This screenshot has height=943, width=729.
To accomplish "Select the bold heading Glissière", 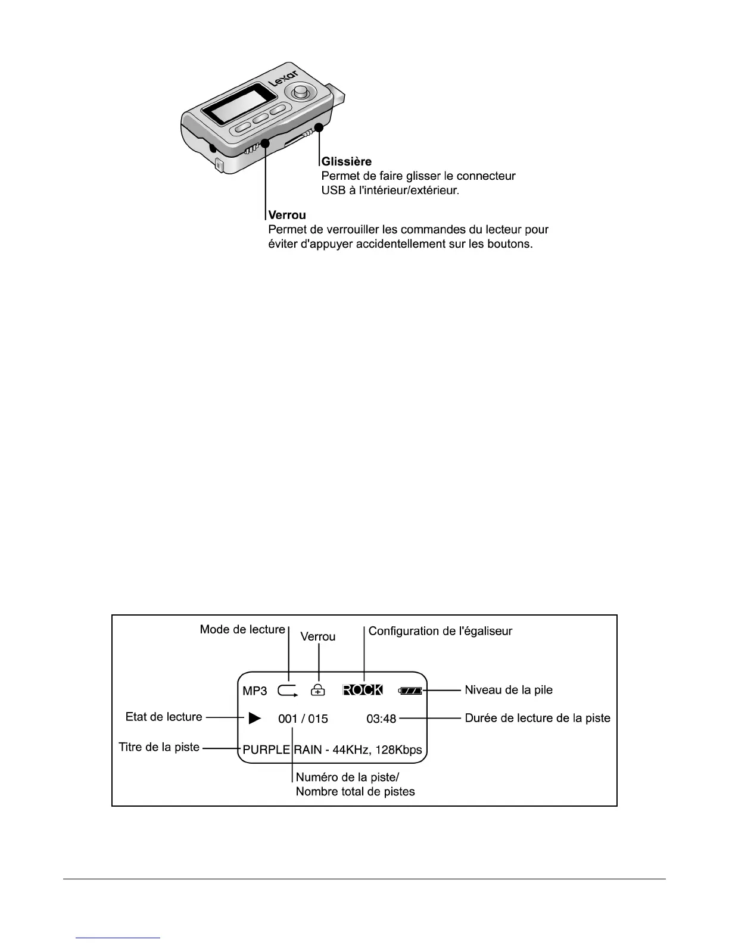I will pyautogui.click(x=347, y=161).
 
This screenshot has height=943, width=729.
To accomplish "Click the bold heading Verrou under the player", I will pyautogui.click(x=288, y=214).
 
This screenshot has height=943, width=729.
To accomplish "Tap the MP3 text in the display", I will pyautogui.click(x=255, y=691).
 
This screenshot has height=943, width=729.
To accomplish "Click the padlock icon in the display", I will pyautogui.click(x=319, y=690).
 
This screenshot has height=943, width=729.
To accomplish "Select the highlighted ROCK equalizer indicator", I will pyautogui.click(x=363, y=690).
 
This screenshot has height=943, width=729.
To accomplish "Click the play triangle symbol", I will pyautogui.click(x=255, y=718).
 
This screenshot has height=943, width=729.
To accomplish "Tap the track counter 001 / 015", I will pyautogui.click(x=303, y=719).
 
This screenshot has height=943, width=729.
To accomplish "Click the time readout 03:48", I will pyautogui.click(x=381, y=719).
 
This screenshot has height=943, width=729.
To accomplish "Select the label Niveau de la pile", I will pyautogui.click(x=509, y=690).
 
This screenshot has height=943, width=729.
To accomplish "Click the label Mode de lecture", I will pyautogui.click(x=242, y=629).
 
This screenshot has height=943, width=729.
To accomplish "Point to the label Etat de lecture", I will pyautogui.click(x=164, y=717).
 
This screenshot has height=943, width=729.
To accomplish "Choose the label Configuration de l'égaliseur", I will pyautogui.click(x=440, y=631).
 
